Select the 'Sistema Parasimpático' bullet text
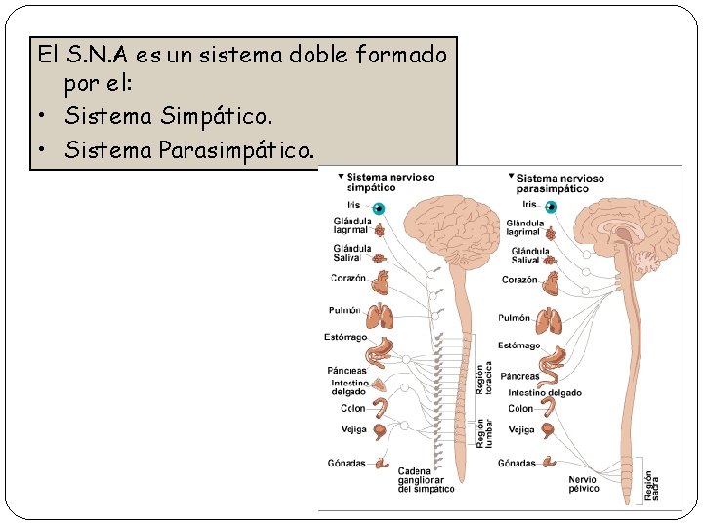pyautogui.click(x=190, y=150)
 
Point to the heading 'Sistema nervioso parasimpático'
pyautogui.click(x=560, y=182)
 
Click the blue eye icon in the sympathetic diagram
pyautogui.click(x=380, y=208)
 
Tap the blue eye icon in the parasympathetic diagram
pyautogui.click(x=552, y=207)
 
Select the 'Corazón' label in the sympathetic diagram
pyautogui.click(x=349, y=278)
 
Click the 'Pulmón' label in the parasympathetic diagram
pyautogui.click(x=514, y=318)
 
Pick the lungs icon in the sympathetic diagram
pyautogui.click(x=379, y=315)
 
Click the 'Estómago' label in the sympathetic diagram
pyautogui.click(x=346, y=338)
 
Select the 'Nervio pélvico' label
pyautogui.click(x=583, y=484)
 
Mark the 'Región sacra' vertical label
pyautogui.click(x=648, y=485)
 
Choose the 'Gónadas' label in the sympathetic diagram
pyautogui.click(x=347, y=463)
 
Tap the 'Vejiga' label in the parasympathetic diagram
pyautogui.click(x=520, y=429)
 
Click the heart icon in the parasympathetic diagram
pyautogui.click(x=551, y=282)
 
